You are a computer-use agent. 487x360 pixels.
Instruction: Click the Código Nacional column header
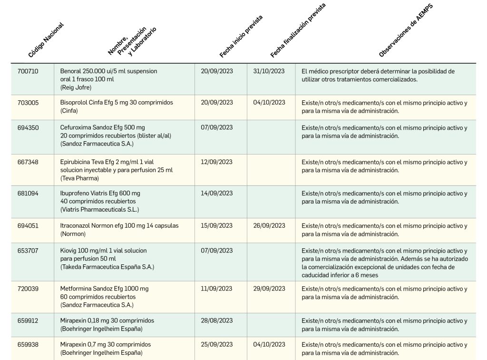pyautogui.click(x=46, y=40)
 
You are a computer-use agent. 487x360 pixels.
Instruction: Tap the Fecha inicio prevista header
pyautogui.click(x=241, y=37)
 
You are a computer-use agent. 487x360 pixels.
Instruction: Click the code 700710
pyautogui.click(x=28, y=71)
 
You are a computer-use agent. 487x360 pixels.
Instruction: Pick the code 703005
pyautogui.click(x=28, y=102)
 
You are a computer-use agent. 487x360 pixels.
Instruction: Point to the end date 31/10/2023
pyautogui.click(x=269, y=71)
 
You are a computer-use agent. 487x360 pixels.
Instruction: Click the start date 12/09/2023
pyautogui.click(x=216, y=162)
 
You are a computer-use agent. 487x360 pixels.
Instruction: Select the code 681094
pyautogui.click(x=28, y=194)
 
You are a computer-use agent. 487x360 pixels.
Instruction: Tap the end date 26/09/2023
pyautogui.click(x=269, y=225)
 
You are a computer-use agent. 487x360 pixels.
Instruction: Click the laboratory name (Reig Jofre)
pyautogui.click(x=76, y=88)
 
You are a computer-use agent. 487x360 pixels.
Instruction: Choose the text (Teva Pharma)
pyautogui.click(x=79, y=178)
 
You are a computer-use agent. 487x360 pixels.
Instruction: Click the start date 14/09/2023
pyautogui.click(x=216, y=194)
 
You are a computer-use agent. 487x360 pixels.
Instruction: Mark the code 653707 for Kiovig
pyautogui.click(x=28, y=251)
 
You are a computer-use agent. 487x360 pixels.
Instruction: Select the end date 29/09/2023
pyautogui.click(x=269, y=289)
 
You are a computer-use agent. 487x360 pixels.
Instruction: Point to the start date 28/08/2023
pyautogui.click(x=216, y=321)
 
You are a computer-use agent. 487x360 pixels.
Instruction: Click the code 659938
pyautogui.click(x=28, y=344)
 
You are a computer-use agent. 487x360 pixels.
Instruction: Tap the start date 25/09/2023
pyautogui.click(x=216, y=344)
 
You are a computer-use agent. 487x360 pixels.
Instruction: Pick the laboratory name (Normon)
pyautogui.click(x=73, y=234)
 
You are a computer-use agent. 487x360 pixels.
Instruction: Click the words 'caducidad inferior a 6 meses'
pyautogui.click(x=341, y=275)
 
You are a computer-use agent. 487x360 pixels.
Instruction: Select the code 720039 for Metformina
pyautogui.click(x=28, y=289)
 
